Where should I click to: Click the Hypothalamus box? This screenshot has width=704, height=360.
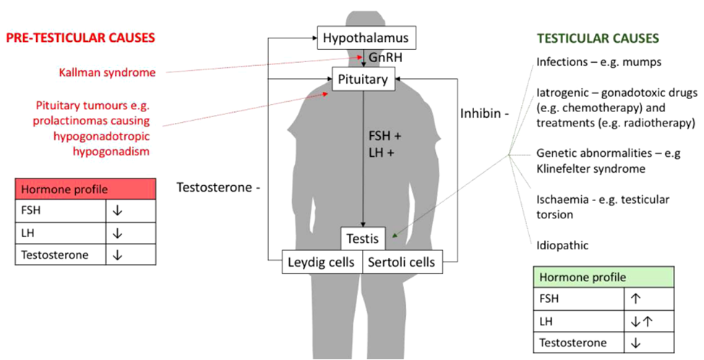pos(366,38)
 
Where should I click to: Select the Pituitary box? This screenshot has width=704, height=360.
pos(365,79)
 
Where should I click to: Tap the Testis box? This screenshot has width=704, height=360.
pos(364,237)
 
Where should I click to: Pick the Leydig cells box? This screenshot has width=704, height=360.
pos(322,262)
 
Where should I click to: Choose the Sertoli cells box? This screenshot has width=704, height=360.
pos(402,262)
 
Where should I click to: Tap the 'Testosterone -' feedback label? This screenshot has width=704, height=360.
pos(218,187)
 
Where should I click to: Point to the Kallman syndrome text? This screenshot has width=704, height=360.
pos(107,72)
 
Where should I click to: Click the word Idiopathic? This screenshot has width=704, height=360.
pos(562,245)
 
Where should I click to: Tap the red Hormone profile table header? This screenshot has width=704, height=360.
pos(85,189)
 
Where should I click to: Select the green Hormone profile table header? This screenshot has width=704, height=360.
pos(604,278)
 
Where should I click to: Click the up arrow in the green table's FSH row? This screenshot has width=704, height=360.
pos(636,296)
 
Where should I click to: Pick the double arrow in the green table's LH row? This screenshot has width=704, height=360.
pos(642,320)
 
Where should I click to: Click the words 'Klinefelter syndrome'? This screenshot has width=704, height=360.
pos(591,168)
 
